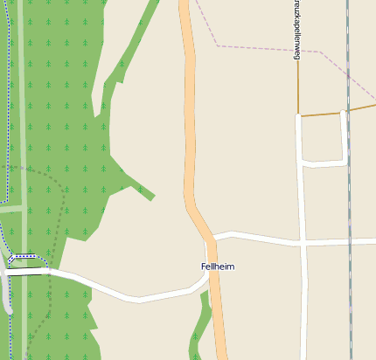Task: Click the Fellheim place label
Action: tap(218, 267)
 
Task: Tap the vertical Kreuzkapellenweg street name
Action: tap(297, 31)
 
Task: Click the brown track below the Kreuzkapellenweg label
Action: tap(298, 87)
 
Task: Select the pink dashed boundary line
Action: tap(254, 47)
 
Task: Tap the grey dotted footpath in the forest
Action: tap(61, 210)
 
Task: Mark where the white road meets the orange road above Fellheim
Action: tap(212, 237)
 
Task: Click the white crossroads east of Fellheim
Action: tap(303, 241)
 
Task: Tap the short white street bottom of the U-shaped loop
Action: tap(324, 163)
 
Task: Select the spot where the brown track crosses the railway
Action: tap(347, 110)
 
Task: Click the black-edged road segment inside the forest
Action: tap(26, 272)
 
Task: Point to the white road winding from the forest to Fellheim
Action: tap(131, 297)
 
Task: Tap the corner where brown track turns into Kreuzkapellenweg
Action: tap(298, 114)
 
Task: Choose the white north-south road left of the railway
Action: tap(303, 297)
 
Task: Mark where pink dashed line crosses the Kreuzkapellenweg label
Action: tap(297, 50)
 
